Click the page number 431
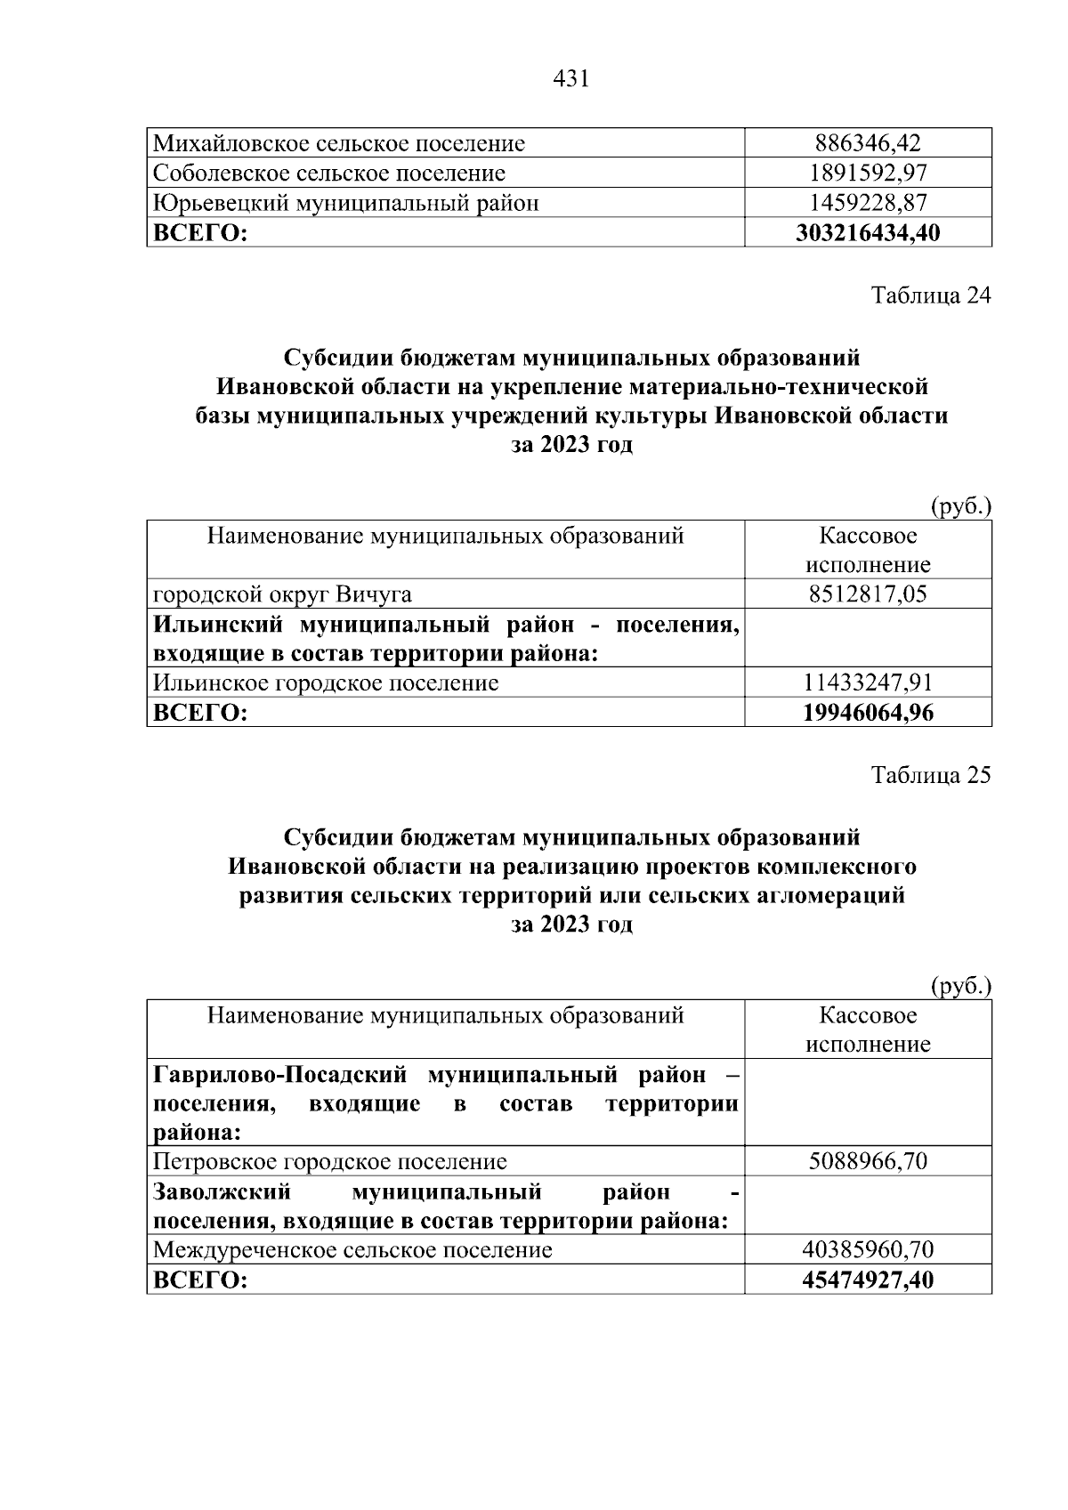(x=570, y=79)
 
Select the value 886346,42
(x=868, y=143)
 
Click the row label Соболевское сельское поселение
(x=329, y=173)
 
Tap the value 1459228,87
(x=868, y=203)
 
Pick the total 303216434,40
(x=868, y=233)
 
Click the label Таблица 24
(x=930, y=295)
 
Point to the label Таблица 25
(x=930, y=775)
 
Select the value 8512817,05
(x=868, y=594)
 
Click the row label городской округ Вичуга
(x=282, y=594)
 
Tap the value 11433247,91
(x=868, y=682)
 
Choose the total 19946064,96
(x=868, y=713)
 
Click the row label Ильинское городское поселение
(x=326, y=682)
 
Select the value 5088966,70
(x=868, y=1161)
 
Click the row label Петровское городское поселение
(x=330, y=1161)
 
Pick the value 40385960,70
(x=868, y=1250)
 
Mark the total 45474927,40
(x=868, y=1280)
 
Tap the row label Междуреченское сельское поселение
(x=352, y=1250)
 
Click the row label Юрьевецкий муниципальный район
(x=346, y=203)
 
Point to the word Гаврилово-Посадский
(x=280, y=1075)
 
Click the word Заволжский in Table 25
(x=222, y=1191)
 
